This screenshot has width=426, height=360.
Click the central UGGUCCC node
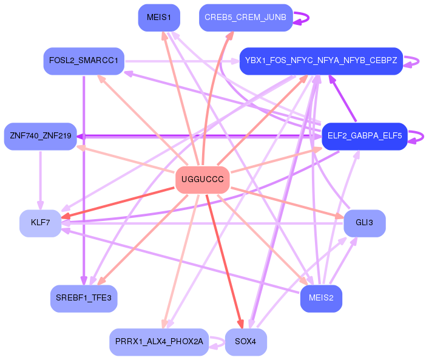[x=202, y=180]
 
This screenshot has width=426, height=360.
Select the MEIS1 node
[x=159, y=17]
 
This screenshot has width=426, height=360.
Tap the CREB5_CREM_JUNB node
[x=245, y=17]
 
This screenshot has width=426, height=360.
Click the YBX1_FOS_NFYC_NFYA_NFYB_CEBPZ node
[x=321, y=61]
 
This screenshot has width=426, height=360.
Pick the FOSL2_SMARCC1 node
[x=84, y=61]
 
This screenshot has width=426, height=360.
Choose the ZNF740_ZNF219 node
[x=41, y=136]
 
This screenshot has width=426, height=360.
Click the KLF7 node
[x=40, y=223]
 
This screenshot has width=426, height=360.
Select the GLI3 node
[x=364, y=223]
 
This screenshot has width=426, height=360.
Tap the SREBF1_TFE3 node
[x=84, y=298]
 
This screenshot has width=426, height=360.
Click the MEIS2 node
[x=321, y=298]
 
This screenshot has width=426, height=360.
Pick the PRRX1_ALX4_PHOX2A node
[x=159, y=342]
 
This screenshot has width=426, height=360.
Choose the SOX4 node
[x=245, y=342]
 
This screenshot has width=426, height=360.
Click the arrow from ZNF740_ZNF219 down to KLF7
[x=41, y=180]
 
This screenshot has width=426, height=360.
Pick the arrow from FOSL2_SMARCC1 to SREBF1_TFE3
[x=83, y=182]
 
